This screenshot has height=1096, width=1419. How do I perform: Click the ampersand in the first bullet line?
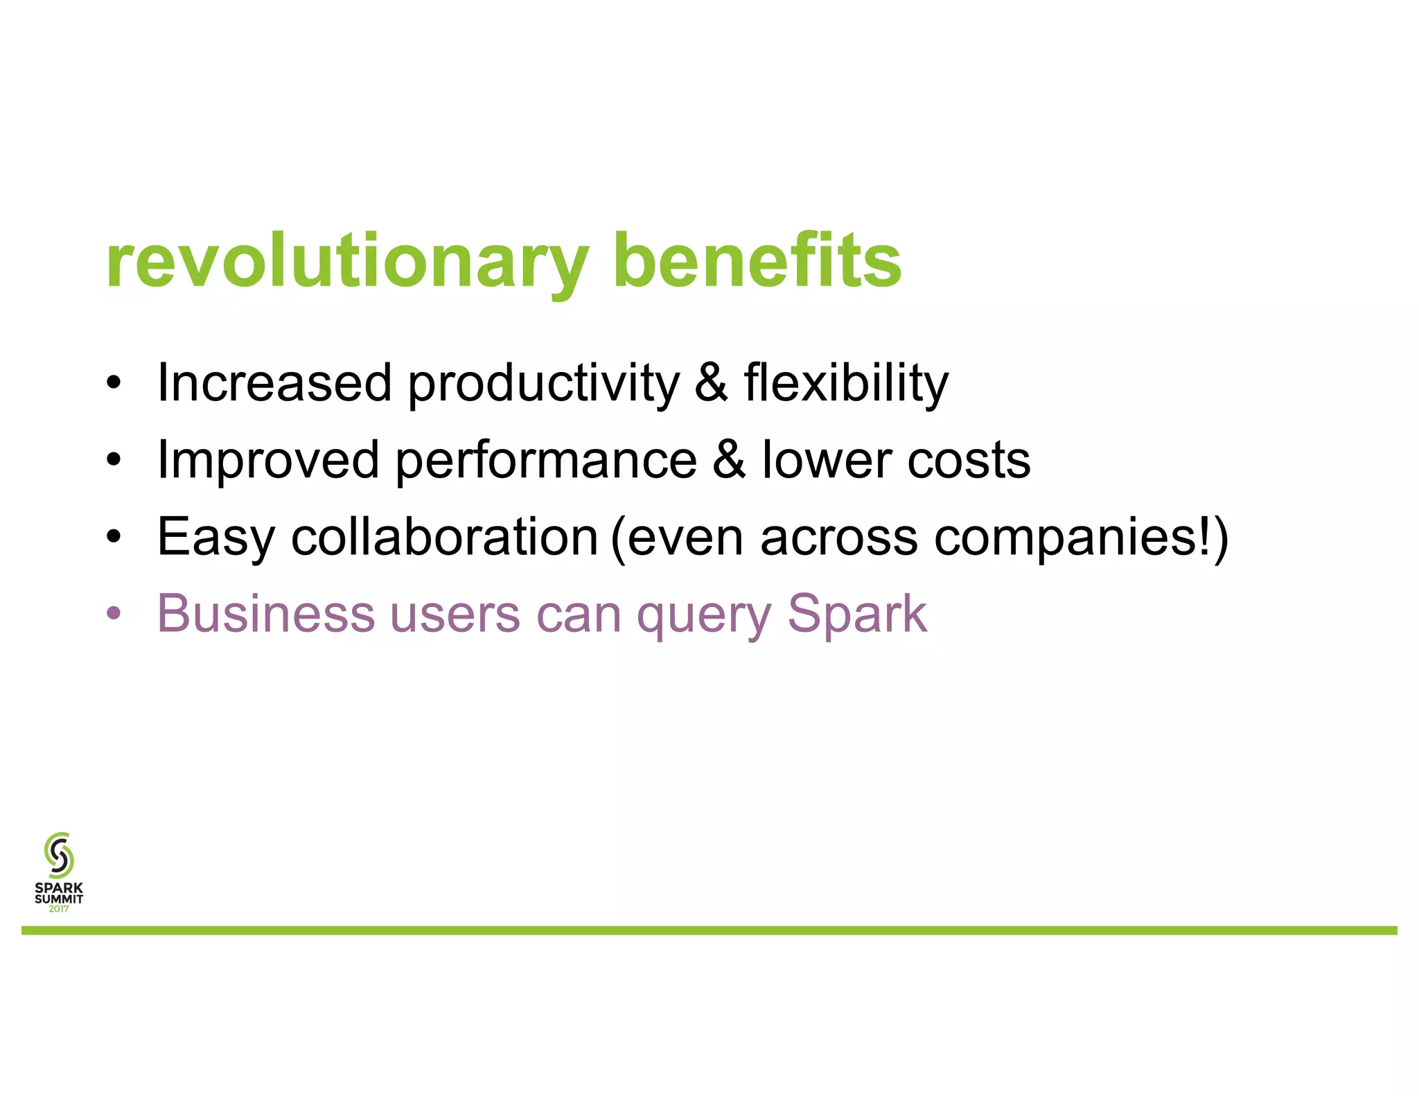click(712, 383)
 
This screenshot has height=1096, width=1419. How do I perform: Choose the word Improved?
click(268, 461)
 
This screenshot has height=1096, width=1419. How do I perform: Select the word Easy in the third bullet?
click(216, 538)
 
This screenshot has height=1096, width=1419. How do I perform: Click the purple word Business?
click(266, 614)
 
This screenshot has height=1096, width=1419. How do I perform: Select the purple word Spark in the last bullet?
click(857, 614)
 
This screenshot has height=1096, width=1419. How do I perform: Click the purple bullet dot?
click(114, 614)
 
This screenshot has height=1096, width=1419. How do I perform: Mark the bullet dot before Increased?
click(114, 382)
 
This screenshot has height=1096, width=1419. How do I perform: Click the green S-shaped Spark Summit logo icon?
click(59, 855)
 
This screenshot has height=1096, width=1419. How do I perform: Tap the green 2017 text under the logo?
click(59, 909)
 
